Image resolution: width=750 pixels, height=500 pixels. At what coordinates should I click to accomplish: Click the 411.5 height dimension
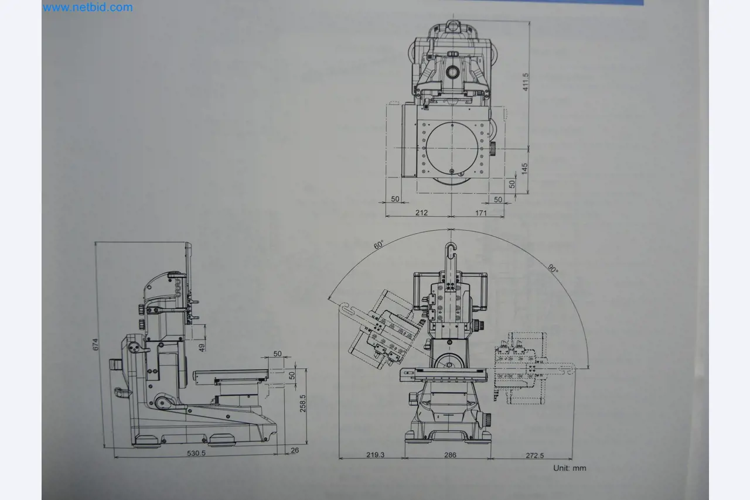point(526,81)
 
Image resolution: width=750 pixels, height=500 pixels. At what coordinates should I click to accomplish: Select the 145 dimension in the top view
point(525,169)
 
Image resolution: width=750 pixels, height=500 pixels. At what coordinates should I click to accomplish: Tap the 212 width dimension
point(421,213)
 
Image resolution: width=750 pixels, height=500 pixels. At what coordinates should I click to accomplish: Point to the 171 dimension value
point(480,213)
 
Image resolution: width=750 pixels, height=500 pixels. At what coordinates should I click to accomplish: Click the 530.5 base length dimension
point(196,453)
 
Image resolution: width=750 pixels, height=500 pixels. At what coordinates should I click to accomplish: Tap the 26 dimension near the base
point(294,450)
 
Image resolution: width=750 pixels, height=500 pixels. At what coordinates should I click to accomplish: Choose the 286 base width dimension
point(450,454)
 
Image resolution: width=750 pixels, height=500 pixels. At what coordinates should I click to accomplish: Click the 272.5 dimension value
point(534,454)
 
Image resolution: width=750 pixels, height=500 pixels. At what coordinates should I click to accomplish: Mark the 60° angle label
point(379,244)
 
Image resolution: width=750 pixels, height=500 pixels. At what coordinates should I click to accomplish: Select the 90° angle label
point(553,269)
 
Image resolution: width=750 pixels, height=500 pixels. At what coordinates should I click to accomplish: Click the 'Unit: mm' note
point(570,468)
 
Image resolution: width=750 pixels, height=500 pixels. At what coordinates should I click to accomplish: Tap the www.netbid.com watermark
point(88,8)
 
